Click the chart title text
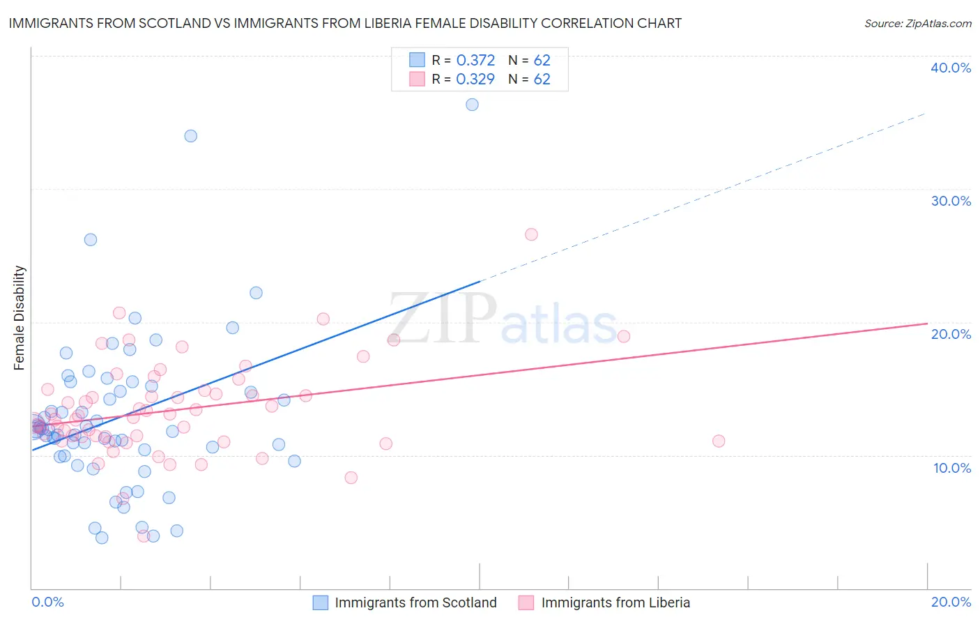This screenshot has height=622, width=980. [x=345, y=23]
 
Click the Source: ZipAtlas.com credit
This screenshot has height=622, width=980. [x=917, y=24]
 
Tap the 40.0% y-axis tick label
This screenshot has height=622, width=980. [x=951, y=68]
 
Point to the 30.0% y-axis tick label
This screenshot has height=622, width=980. [x=951, y=201]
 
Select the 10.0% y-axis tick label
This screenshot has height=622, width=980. [x=952, y=468]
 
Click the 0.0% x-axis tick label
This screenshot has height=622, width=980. [x=47, y=602]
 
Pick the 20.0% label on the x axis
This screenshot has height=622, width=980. [x=951, y=602]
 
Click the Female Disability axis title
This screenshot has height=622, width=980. [x=20, y=317]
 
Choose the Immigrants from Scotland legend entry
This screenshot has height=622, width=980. [x=405, y=602]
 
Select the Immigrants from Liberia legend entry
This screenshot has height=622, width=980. [x=604, y=602]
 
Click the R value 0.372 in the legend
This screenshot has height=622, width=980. [x=475, y=61]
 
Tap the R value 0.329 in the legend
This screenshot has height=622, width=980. [x=475, y=79]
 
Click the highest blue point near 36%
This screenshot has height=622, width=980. [x=472, y=105]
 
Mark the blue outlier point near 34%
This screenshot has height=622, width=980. [x=190, y=136]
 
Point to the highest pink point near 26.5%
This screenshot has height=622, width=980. [x=531, y=234]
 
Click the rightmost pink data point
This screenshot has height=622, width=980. [x=719, y=441]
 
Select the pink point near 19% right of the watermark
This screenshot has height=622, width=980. [x=624, y=336]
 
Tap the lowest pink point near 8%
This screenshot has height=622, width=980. [x=351, y=478]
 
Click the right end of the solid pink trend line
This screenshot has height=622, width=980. [x=927, y=324]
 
